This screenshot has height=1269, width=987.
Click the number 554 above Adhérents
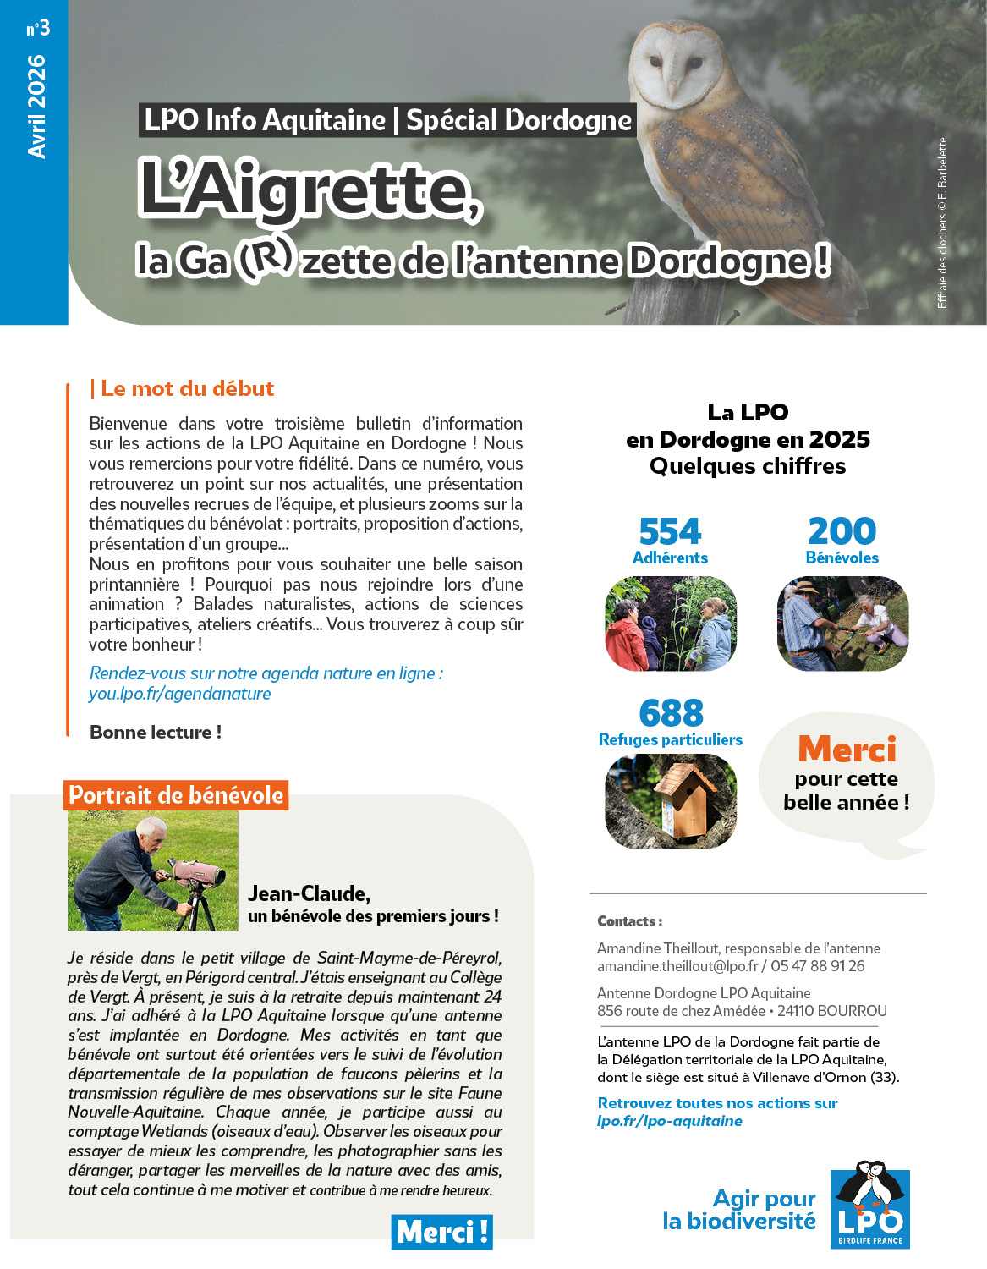tap(670, 532)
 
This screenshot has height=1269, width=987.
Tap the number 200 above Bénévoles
tap(842, 531)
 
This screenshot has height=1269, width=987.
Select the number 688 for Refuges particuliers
tap(671, 713)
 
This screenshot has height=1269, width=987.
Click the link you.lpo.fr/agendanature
tap(180, 694)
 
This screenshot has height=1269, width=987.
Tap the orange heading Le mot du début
tap(187, 388)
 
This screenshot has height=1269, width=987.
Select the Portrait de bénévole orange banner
tap(176, 795)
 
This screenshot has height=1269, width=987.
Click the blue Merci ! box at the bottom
tap(441, 1232)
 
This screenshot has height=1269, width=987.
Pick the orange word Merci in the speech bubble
tap(847, 750)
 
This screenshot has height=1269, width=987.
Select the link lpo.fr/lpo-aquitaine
tap(670, 1121)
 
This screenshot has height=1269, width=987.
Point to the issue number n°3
tap(38, 29)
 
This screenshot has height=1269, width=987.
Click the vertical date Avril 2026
tap(36, 107)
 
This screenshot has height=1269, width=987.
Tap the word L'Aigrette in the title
tap(310, 190)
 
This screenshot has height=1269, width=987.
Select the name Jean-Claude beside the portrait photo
tap(309, 893)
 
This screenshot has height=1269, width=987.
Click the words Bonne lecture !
tap(156, 733)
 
